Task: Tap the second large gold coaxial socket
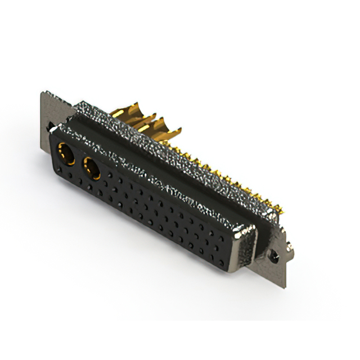[x=91, y=168]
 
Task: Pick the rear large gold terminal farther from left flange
[x=163, y=128]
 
